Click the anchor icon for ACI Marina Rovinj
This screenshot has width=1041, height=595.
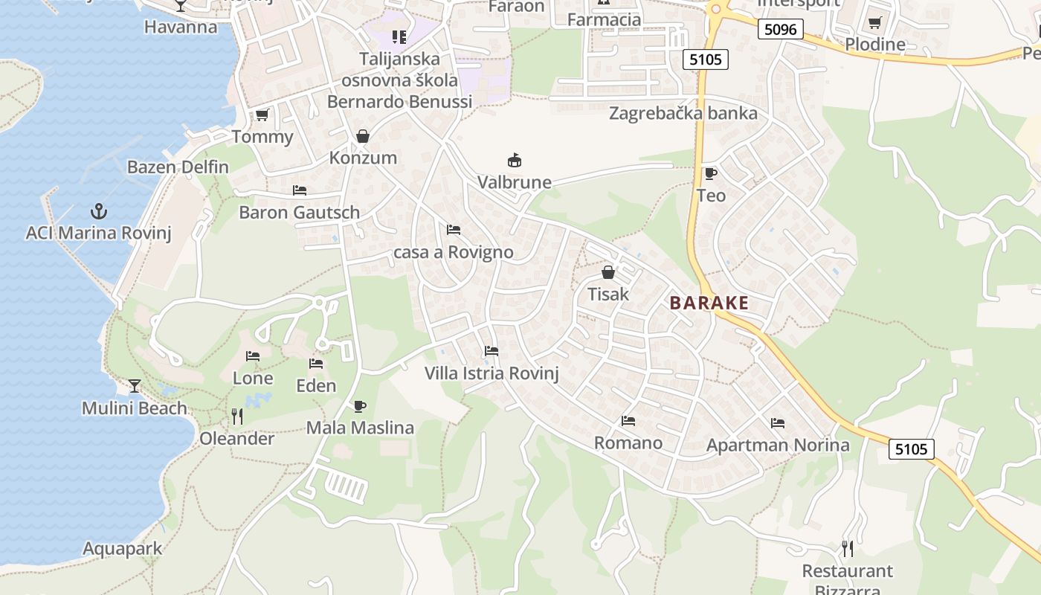(98, 211)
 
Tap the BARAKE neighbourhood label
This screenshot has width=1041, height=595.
(709, 303)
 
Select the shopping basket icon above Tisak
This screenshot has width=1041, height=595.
(608, 272)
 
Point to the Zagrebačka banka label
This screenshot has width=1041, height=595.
(683, 113)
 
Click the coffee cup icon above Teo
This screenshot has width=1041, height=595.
(711, 173)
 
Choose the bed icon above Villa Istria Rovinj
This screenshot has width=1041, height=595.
(491, 350)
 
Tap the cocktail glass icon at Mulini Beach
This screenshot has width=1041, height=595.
(135, 385)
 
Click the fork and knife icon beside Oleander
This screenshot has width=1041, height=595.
(237, 416)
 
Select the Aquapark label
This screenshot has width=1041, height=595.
(122, 549)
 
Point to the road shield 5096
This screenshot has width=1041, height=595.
(781, 29)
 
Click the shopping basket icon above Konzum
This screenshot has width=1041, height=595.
(363, 136)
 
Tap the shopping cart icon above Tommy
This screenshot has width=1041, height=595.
(262, 115)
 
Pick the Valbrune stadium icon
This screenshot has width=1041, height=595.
(514, 160)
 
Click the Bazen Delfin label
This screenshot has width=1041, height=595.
(178, 167)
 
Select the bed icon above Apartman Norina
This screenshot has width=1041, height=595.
(778, 423)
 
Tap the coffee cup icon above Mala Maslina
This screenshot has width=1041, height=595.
(360, 406)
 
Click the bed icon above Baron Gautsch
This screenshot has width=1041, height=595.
(300, 190)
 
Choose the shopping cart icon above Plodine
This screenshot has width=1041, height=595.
(875, 22)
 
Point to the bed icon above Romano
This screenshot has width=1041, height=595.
(628, 421)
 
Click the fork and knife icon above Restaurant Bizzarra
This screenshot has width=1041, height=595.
(848, 549)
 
